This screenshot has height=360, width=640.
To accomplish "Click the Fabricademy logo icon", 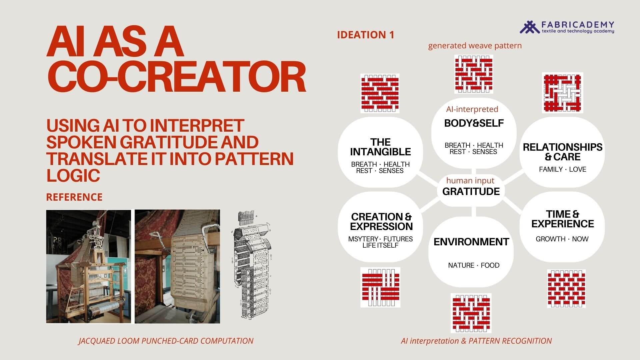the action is [x=529, y=27].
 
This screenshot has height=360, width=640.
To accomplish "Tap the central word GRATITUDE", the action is [x=471, y=191].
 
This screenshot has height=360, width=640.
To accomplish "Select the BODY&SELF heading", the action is [x=474, y=123].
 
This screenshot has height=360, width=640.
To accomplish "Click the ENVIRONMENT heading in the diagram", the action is [x=471, y=242].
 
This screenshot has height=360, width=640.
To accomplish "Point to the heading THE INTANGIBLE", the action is [x=380, y=147].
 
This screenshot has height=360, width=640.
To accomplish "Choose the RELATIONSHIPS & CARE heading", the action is [x=562, y=152].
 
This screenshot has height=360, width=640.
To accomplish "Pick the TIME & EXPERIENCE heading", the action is [x=562, y=219].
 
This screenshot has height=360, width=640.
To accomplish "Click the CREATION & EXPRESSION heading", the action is [x=381, y=222].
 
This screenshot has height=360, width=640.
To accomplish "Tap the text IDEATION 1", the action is [x=366, y=35].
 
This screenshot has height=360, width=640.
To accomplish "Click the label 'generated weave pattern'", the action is [x=475, y=46].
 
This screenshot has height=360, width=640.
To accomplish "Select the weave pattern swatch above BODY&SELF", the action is [x=474, y=74].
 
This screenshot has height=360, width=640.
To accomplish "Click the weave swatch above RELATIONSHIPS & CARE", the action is [x=562, y=93].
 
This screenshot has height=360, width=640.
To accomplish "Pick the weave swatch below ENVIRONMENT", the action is [x=471, y=313].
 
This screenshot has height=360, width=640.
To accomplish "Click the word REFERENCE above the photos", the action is [x=74, y=197].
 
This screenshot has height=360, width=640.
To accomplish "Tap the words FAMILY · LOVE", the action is [x=562, y=169].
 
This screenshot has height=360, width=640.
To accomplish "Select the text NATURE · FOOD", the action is [x=474, y=265].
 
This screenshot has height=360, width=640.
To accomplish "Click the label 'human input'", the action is [x=470, y=181].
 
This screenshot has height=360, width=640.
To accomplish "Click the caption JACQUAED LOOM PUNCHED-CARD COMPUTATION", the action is [x=166, y=341].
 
